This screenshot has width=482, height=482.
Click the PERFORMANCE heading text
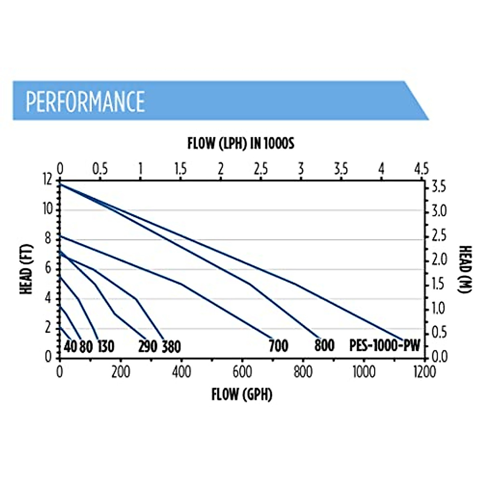click(85, 101)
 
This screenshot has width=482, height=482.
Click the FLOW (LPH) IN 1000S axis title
click(241, 143)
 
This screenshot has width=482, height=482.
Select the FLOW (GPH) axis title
click(242, 394)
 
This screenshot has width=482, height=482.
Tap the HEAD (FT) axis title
click(27, 270)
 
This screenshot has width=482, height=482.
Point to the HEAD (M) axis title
click(464, 270)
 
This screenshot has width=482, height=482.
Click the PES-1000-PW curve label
click(384, 346)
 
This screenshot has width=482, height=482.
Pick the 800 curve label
click(324, 346)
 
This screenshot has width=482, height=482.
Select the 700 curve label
click(278, 346)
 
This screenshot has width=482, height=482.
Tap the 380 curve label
click(171, 347)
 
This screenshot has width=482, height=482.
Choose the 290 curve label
click(147, 346)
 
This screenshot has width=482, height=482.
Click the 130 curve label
click(106, 346)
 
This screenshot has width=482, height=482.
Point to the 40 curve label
click(70, 346)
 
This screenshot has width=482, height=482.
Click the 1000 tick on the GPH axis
click(364, 372)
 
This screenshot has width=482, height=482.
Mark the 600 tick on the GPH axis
click(242, 372)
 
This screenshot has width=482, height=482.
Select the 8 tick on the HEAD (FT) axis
click(49, 239)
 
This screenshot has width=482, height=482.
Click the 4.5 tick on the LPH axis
click(421, 169)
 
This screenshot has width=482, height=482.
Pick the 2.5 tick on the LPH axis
click(261, 169)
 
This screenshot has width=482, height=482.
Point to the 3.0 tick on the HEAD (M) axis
click(439, 211)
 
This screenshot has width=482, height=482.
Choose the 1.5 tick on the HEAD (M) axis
click(439, 284)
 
